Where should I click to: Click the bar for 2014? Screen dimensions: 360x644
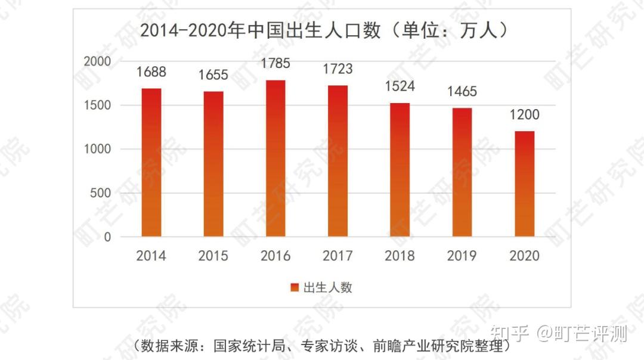click(x=151, y=162)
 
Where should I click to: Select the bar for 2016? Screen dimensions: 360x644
click(x=275, y=158)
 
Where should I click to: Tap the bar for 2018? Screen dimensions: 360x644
click(x=400, y=170)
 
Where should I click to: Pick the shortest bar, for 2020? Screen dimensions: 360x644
click(x=524, y=184)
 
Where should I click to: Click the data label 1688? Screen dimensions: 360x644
click(x=151, y=73)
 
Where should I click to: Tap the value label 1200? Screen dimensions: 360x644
click(x=524, y=115)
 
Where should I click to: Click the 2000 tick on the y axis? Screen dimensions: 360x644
click(x=97, y=61)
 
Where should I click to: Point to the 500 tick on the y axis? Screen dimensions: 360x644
click(x=101, y=193)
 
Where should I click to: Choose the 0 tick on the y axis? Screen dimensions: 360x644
click(x=107, y=237)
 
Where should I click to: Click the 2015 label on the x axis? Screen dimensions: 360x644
click(x=213, y=256)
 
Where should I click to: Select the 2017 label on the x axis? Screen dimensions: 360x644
click(x=338, y=256)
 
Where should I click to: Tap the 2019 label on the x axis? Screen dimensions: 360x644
click(x=462, y=256)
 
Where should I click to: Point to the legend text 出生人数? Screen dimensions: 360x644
click(x=328, y=288)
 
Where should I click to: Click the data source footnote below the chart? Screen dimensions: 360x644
click(x=322, y=345)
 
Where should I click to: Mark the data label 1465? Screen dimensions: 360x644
click(x=462, y=92)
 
